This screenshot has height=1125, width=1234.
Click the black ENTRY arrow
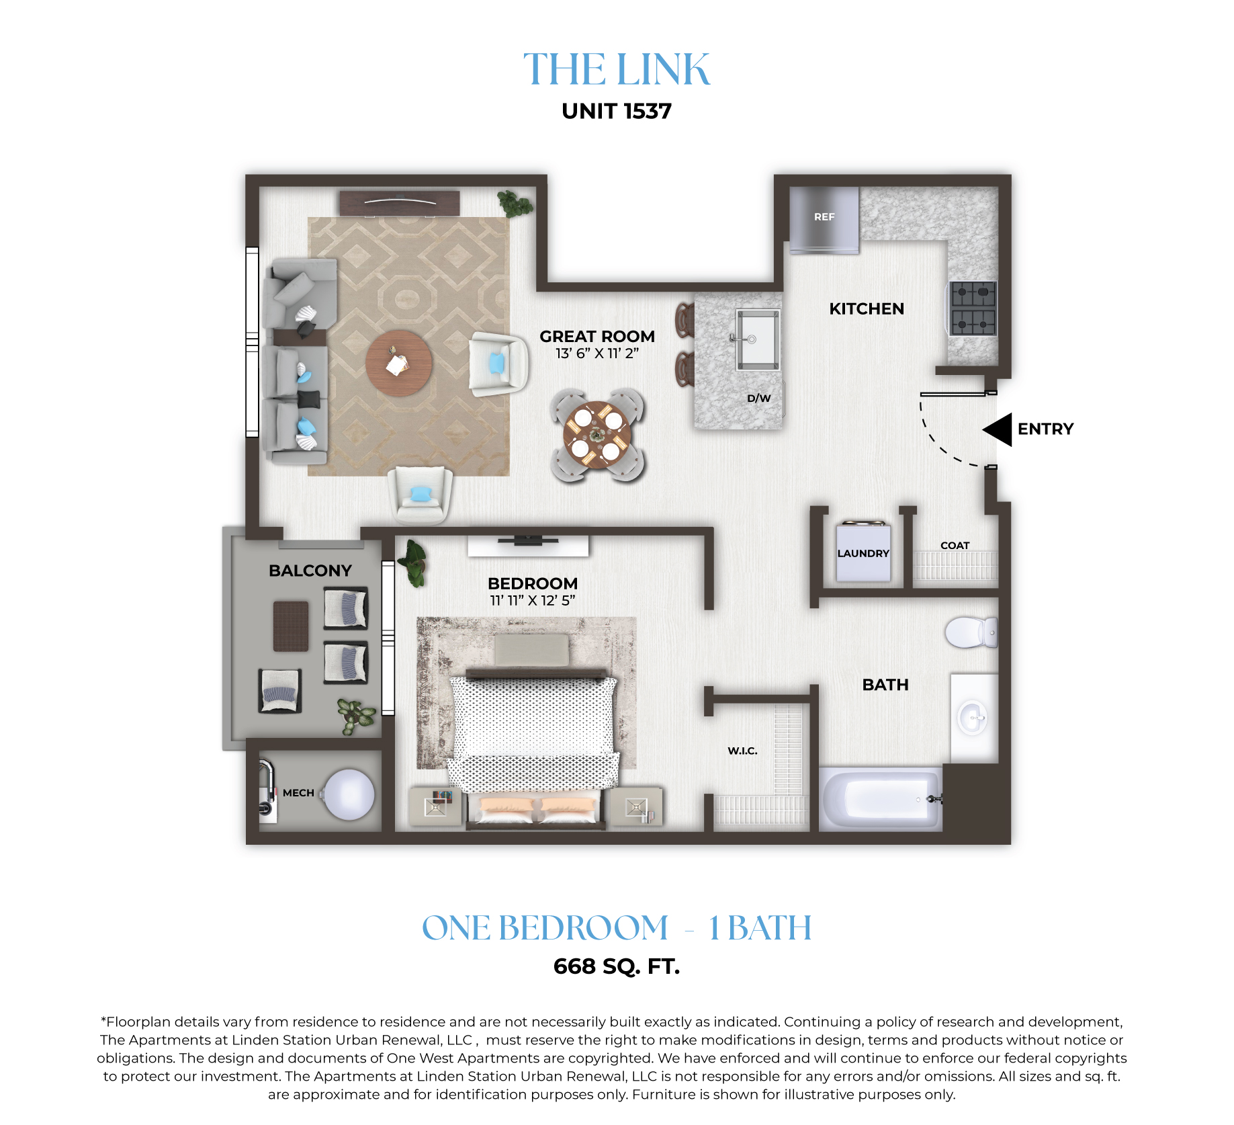[x=998, y=429]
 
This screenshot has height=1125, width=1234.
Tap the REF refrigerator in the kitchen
[x=824, y=220]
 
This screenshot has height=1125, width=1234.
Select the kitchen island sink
[x=757, y=339]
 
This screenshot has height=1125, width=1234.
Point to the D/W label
[x=759, y=398]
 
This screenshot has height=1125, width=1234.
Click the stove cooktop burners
[x=973, y=308]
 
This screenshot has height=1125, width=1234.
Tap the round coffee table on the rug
[x=399, y=363]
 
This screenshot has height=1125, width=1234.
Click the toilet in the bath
[x=971, y=632]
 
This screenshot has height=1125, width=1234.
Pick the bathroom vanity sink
[x=973, y=718]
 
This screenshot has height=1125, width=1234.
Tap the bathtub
[x=881, y=799]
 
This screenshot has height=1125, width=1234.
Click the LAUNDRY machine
[x=863, y=552]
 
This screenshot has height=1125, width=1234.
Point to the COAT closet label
[x=955, y=545]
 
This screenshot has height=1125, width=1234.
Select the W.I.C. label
[x=742, y=751]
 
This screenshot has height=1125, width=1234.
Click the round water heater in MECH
[x=349, y=794]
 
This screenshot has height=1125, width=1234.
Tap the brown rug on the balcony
[x=291, y=626]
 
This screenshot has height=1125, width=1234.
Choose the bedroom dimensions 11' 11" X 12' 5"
[x=533, y=600]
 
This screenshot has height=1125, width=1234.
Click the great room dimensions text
[x=597, y=353]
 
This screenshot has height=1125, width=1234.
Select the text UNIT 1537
[x=617, y=111]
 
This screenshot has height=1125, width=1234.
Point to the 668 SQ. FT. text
[x=617, y=966]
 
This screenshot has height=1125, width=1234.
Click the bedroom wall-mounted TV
[x=528, y=539]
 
